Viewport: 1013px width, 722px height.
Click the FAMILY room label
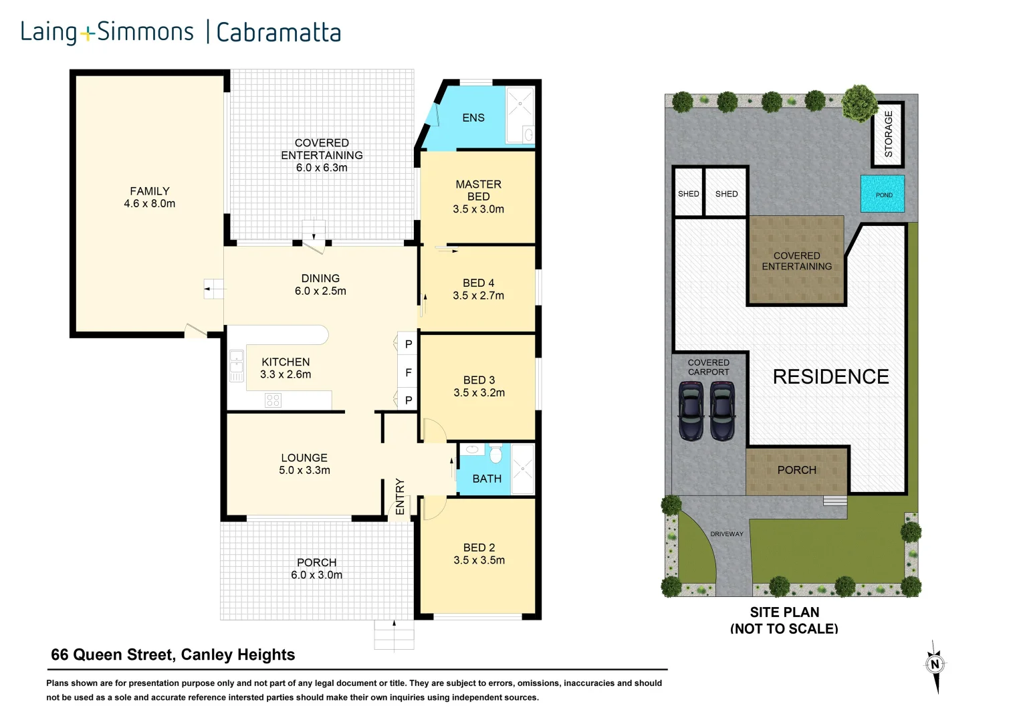[149, 191]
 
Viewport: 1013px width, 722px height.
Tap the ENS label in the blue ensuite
[473, 118]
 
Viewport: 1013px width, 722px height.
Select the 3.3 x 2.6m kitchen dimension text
[286, 374]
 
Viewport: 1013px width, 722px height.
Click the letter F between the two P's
[408, 372]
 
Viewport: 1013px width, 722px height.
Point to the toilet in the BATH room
[495, 455]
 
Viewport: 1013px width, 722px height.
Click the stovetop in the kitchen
[273, 400]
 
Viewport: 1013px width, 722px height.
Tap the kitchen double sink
[236, 366]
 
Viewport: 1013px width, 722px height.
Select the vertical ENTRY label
[400, 497]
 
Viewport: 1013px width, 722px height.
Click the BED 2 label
[479, 548]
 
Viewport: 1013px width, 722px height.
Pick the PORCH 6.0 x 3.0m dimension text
[316, 575]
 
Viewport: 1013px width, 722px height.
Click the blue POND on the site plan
[883, 195]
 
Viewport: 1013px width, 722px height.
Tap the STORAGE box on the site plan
[888, 134]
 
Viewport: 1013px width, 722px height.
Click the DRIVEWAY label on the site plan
[727, 533]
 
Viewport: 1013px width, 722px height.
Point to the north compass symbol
[935, 665]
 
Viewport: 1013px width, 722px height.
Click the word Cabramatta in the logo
[278, 32]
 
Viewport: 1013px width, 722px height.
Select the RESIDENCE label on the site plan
[830, 376]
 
